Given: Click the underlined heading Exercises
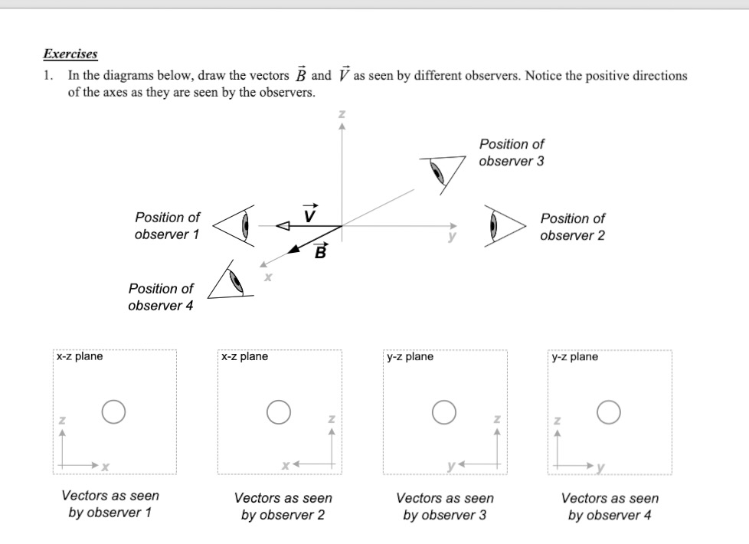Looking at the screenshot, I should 70,54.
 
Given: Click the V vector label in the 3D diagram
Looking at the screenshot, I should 309,212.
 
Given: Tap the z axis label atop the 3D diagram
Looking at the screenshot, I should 342,114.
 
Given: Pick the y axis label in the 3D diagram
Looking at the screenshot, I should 452,238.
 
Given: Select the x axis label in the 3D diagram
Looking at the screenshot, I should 267,277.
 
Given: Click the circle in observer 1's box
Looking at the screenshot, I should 113,411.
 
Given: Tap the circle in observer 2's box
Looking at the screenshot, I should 278,411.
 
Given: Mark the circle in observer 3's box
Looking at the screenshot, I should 443,411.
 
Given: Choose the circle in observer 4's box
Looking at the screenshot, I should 609,411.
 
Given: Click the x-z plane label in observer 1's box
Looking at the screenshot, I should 80,356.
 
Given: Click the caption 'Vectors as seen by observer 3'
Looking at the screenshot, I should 444,506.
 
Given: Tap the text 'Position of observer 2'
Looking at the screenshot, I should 572,227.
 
